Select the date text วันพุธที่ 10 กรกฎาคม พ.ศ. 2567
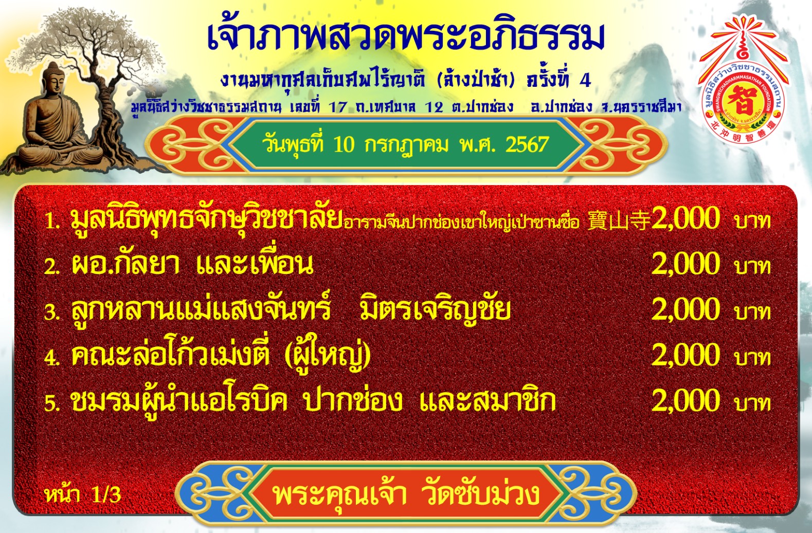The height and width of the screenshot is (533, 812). click(x=405, y=144)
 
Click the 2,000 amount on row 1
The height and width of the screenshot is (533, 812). click(x=685, y=218)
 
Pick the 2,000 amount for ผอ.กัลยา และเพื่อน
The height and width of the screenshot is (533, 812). click(x=685, y=264)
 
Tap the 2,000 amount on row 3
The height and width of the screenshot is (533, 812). click(x=685, y=309)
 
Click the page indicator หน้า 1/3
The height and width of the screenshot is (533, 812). click(x=83, y=494)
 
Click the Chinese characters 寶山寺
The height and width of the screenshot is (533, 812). click(x=619, y=220)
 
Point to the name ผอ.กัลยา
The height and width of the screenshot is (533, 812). click(x=125, y=264)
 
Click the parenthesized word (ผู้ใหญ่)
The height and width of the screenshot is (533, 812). click(x=328, y=356)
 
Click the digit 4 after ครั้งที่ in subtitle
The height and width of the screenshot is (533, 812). click(x=585, y=81)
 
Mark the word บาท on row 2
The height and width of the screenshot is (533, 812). click(x=752, y=267)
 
